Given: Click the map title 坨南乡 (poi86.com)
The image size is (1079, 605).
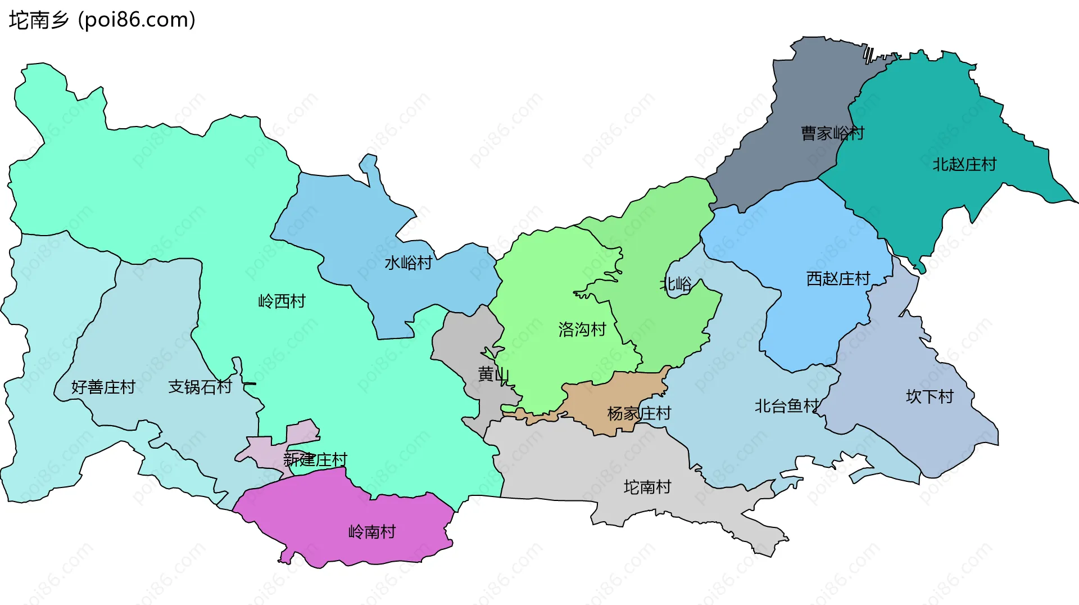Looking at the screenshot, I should [102, 20].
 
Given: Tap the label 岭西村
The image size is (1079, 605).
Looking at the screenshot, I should [282, 301].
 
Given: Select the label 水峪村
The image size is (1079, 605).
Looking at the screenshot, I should [409, 263].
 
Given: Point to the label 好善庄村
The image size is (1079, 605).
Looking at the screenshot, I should [103, 387].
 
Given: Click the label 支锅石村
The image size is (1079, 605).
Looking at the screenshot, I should [200, 387].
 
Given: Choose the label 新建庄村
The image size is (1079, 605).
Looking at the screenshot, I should [315, 460].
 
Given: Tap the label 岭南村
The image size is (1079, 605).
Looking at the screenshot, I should [372, 531].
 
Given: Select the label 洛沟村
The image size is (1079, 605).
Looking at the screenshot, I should [582, 329].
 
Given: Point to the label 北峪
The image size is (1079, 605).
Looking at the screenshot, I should [675, 284].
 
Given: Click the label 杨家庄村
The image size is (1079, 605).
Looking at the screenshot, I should [639, 414].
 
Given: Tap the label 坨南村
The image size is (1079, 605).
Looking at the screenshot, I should [647, 487].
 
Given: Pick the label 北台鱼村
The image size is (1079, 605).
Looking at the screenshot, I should [787, 406].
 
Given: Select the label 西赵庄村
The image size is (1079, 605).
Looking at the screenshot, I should [838, 279].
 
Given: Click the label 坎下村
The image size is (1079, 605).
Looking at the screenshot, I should [930, 397].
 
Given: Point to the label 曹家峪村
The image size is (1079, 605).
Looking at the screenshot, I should [832, 133].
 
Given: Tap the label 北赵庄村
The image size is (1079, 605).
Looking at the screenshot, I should [964, 165].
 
